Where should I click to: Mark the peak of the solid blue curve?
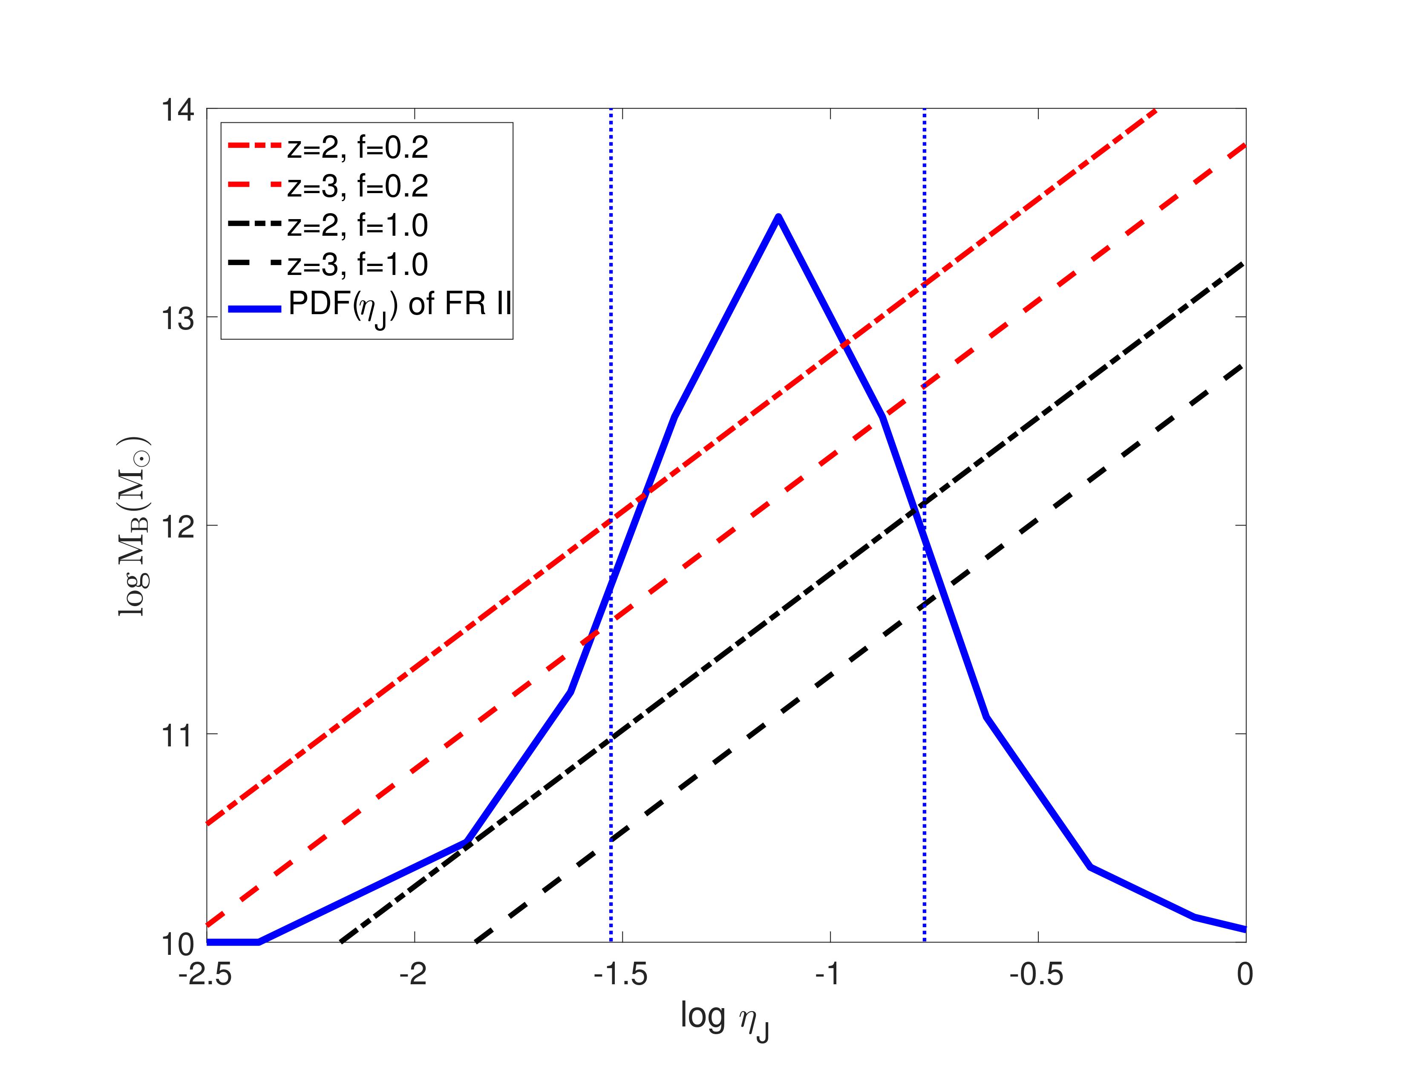778,217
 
